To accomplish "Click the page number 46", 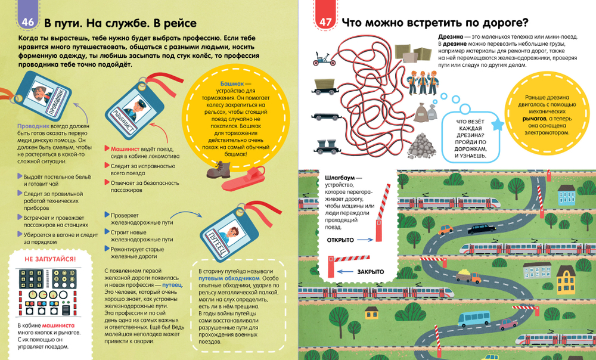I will coord(27,23).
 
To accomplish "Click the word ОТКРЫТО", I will coord(341,240).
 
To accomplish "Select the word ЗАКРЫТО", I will coord(370,272).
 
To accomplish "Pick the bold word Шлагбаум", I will coord(340,178).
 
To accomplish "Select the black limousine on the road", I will coord(480,228).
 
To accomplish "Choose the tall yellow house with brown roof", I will coord(566,278).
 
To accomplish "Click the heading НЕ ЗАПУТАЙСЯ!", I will coord(50,259).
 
